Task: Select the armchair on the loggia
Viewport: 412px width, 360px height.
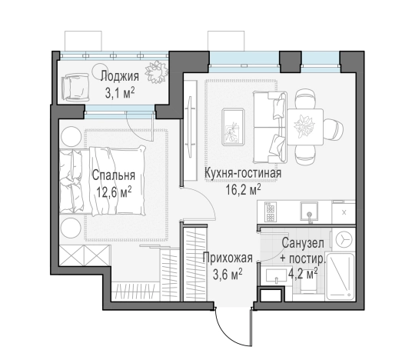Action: [x=77, y=85]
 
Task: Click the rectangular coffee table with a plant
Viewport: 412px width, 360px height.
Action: [x=232, y=125]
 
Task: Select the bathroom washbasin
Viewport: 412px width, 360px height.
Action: [x=274, y=274]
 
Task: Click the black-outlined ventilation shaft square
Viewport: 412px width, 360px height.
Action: [x=270, y=294]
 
